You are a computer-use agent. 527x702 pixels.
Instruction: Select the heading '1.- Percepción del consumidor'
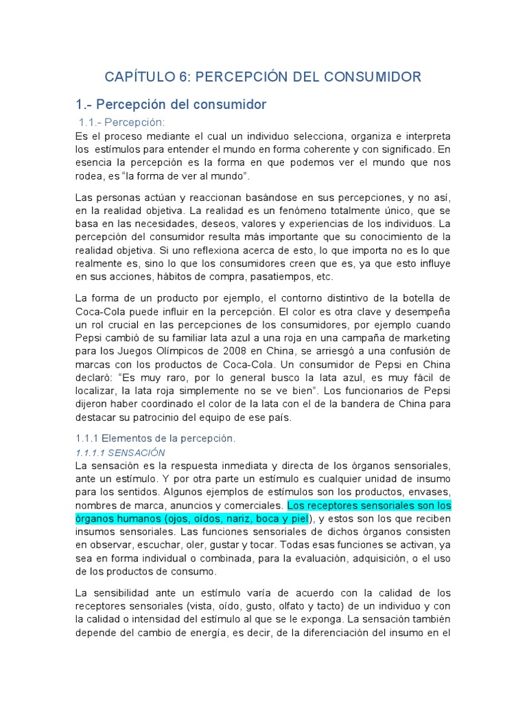click(x=170, y=105)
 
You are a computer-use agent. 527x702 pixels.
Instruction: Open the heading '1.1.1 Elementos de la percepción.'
click(x=154, y=437)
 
